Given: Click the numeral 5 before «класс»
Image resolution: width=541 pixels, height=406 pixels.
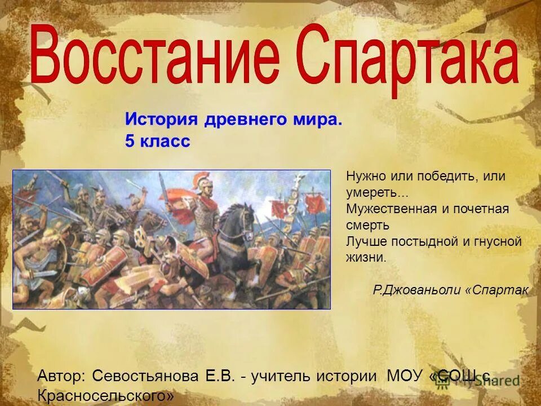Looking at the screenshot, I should tap(130, 142).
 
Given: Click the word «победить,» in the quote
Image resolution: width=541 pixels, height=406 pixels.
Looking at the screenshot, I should tap(443, 176).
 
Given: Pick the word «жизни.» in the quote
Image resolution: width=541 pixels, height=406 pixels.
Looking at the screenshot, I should tap(366, 258).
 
